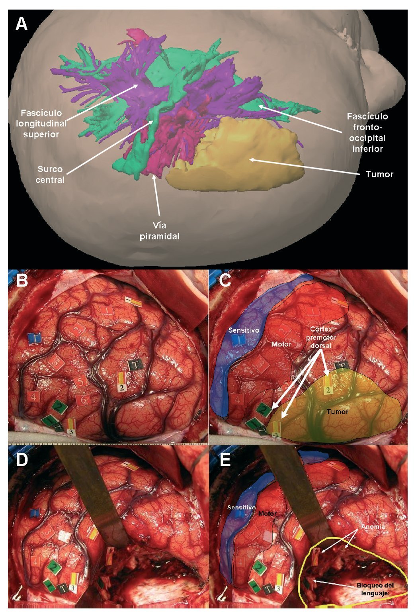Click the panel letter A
point(21,24)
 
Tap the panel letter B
point(22,281)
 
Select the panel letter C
point(225,281)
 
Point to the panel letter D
point(22,459)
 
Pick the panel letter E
point(225,459)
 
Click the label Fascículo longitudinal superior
point(41,124)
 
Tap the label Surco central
point(50,174)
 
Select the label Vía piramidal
point(159,231)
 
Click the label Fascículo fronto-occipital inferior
point(367,132)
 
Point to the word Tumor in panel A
point(379,174)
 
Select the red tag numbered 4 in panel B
point(33,396)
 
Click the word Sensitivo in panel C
point(244,330)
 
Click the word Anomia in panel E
point(373,526)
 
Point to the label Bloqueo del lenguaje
point(375,588)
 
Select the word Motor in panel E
point(267,514)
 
